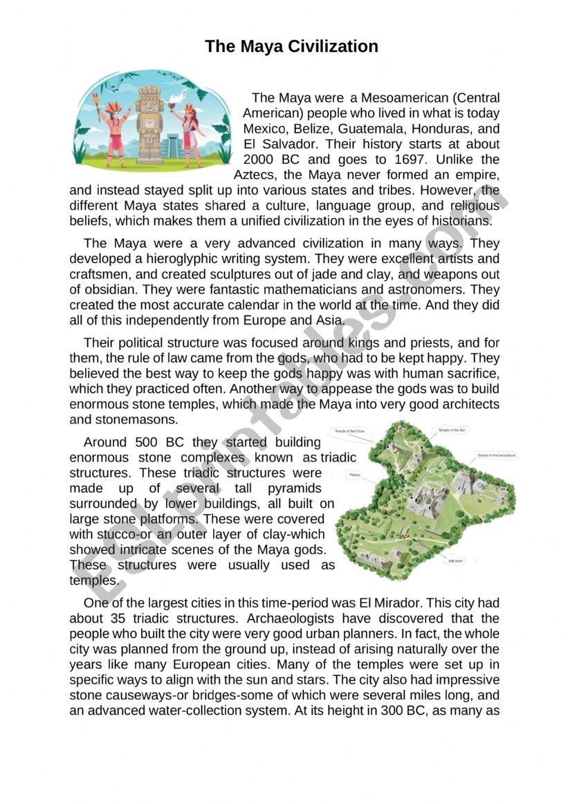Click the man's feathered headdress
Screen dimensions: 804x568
coord(113,106)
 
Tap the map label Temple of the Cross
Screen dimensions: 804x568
coord(350,431)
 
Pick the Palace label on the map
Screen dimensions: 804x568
coord(355,475)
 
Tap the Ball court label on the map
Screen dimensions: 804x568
coord(455,561)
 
